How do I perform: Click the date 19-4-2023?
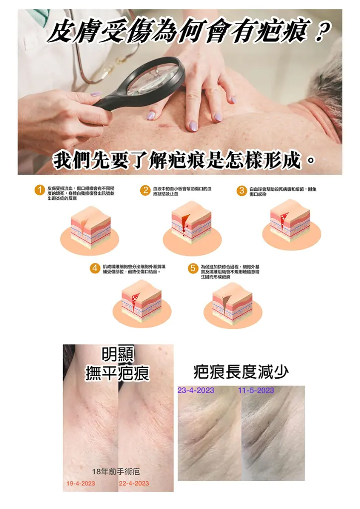82,483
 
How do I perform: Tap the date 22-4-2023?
134,483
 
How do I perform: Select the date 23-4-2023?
196,391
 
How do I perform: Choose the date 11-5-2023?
256,391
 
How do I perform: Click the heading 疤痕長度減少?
241,371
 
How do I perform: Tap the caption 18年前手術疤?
116,471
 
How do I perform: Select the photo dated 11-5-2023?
273,432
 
